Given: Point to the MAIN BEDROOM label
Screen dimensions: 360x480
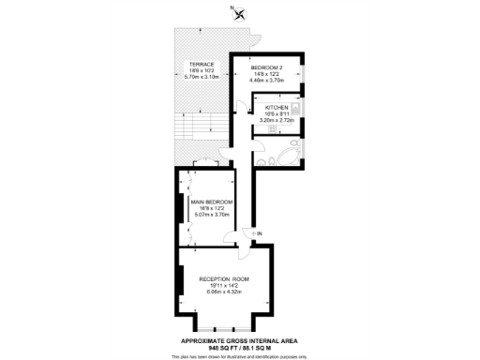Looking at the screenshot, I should (212, 202).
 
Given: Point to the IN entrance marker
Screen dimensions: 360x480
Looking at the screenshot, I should (260, 232).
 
